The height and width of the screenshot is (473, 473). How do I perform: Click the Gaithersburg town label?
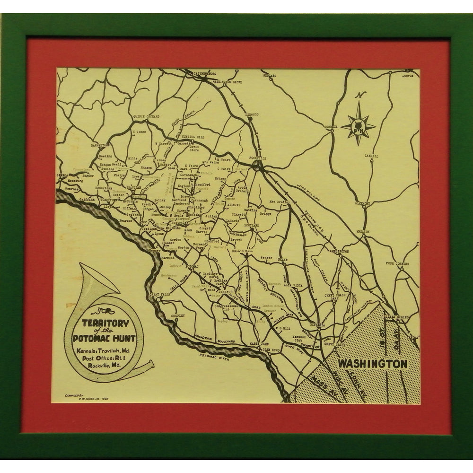[x=204, y=75]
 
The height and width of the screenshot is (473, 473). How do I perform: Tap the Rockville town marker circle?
[x=257, y=165]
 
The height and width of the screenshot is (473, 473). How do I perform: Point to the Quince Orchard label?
[x=146, y=116]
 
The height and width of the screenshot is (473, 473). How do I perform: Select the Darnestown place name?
[x=100, y=146]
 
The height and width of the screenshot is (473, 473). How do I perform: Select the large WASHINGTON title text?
[x=373, y=364]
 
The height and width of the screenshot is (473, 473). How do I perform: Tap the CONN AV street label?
[x=361, y=381]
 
